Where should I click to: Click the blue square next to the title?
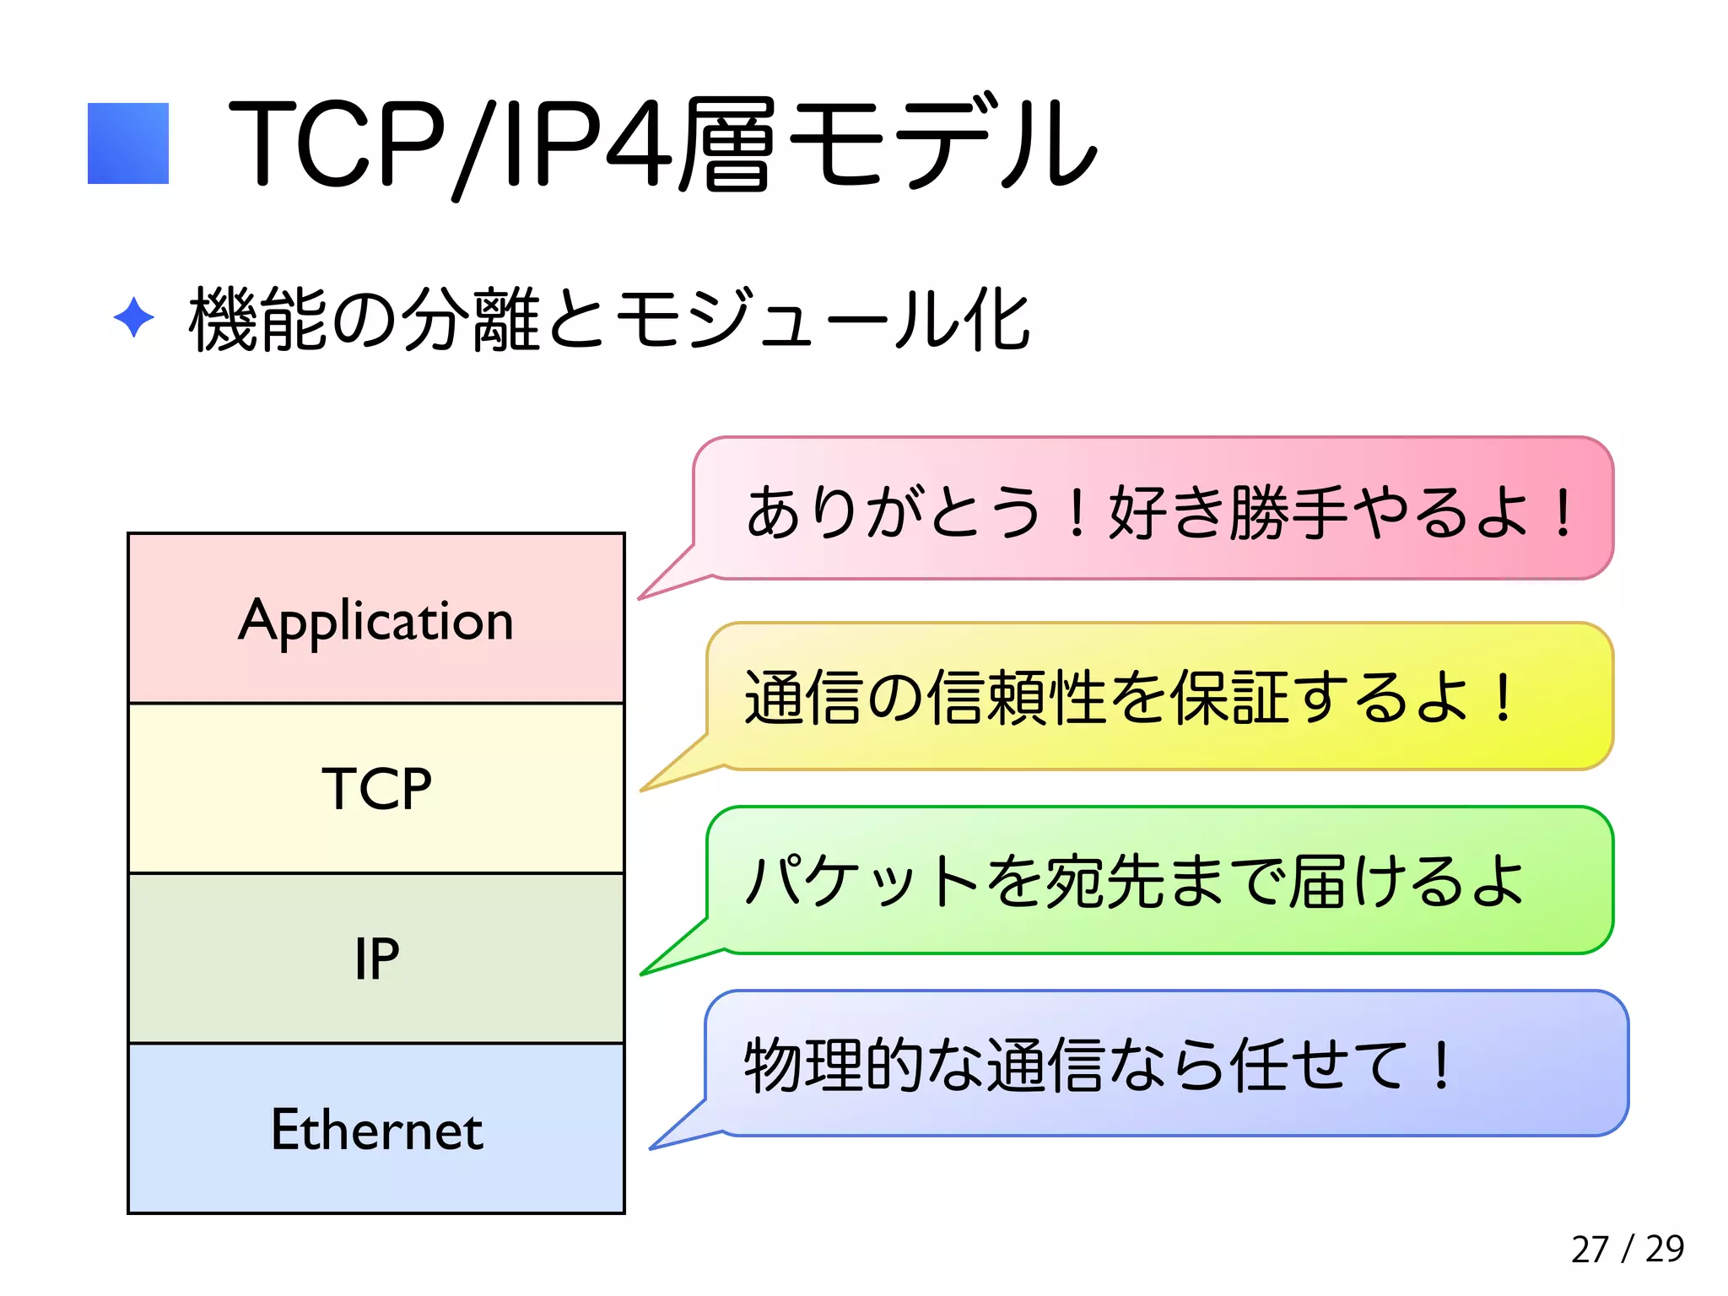pyautogui.click(x=128, y=143)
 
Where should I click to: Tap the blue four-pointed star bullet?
pyautogui.click(x=133, y=318)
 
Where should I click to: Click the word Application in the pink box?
pyautogui.click(x=376, y=622)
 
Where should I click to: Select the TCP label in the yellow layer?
pyautogui.click(x=376, y=789)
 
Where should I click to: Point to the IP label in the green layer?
pyautogui.click(x=376, y=959)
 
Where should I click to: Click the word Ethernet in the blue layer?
pyautogui.click(x=376, y=1130)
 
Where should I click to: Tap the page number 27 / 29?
pyautogui.click(x=1627, y=1249)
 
